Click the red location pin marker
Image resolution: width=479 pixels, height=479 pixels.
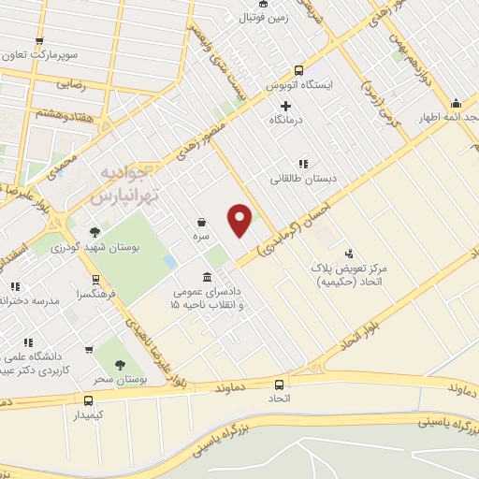pos(240,219)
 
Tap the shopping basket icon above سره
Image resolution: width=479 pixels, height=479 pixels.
pos(203,222)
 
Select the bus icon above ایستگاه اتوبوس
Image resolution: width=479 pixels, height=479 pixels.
pos(298,69)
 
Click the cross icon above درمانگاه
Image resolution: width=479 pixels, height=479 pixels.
pos(285,106)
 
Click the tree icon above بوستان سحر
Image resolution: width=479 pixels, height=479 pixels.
pos(118,366)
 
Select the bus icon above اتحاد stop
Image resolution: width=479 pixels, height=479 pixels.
pos(279,384)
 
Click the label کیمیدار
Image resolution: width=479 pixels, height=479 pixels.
pos(90,413)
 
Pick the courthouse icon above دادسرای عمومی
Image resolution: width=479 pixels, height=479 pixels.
pos(206,278)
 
